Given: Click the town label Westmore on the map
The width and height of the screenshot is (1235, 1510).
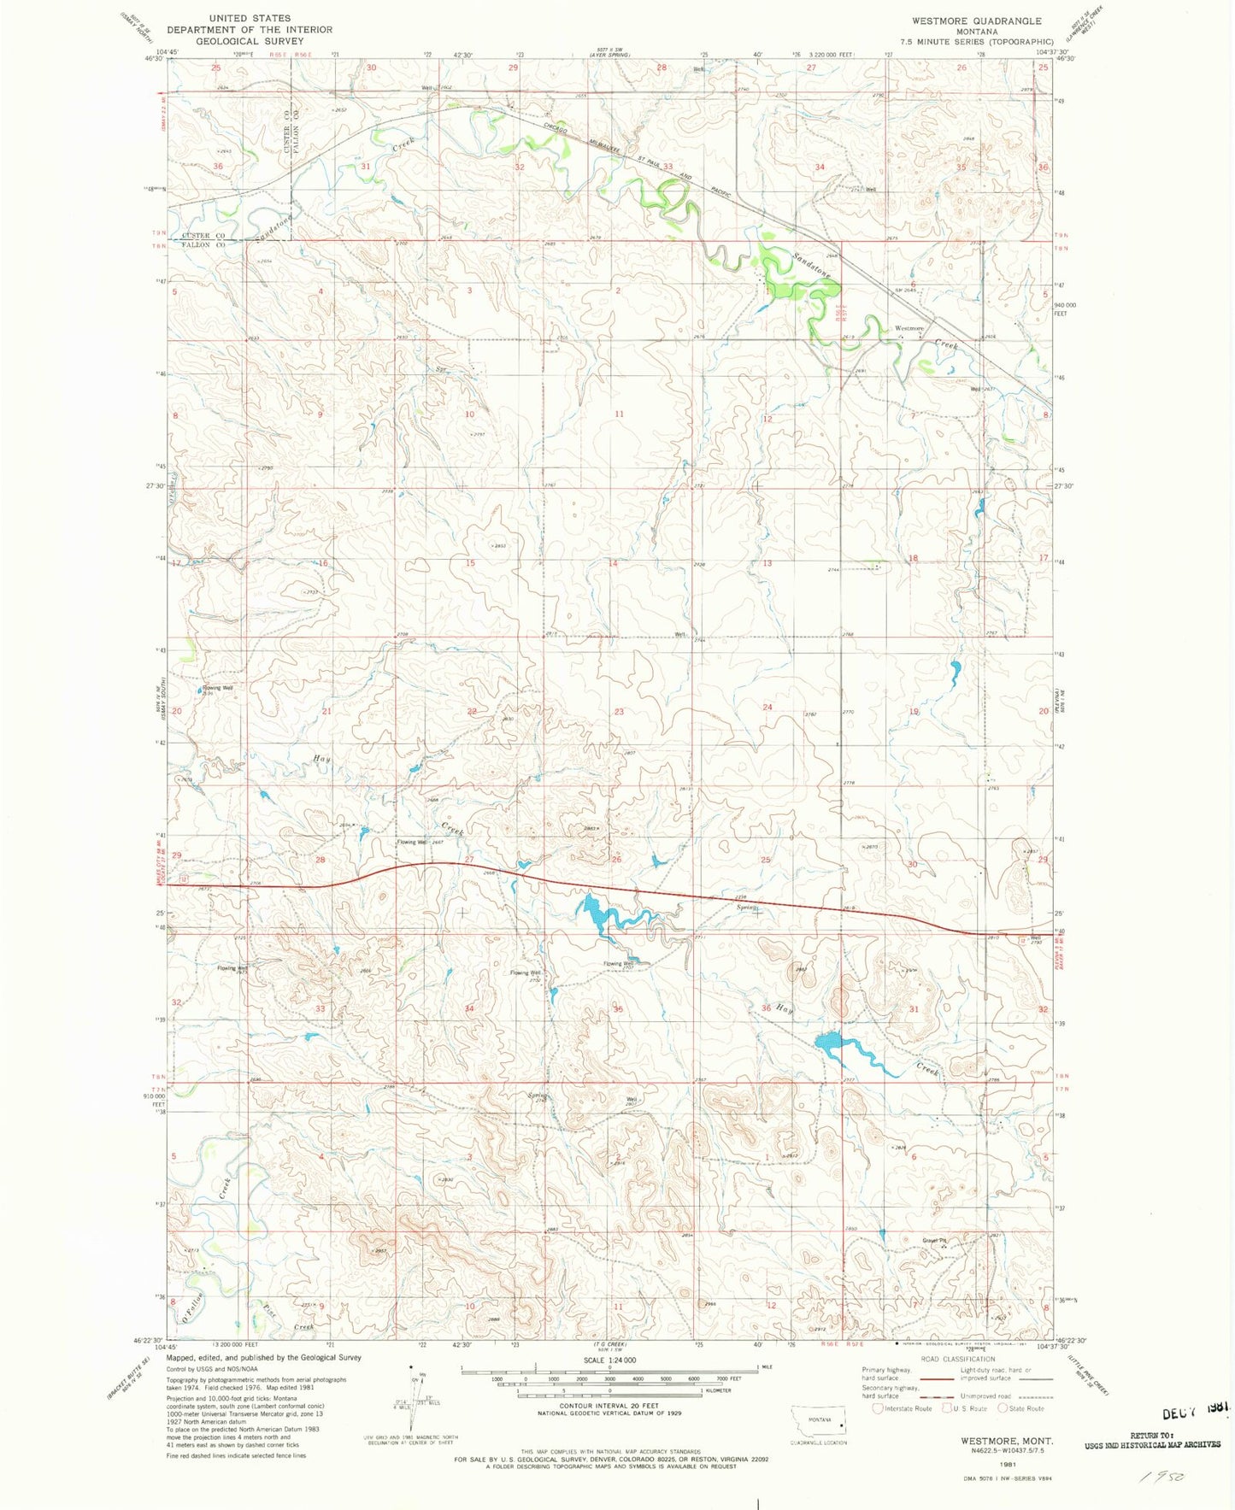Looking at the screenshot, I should (x=909, y=328).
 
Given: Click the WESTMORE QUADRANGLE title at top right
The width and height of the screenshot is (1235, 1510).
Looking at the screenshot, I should (x=977, y=21).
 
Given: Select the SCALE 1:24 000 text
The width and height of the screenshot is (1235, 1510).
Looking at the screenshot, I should (x=609, y=1360).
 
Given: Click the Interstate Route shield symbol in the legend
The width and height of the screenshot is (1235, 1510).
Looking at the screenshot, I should (x=878, y=1408).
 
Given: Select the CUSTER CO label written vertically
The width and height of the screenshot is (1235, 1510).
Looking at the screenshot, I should (x=287, y=132).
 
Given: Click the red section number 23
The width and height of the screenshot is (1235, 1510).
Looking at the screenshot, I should (x=619, y=711).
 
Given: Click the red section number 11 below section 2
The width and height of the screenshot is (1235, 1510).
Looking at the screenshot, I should (x=619, y=414).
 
